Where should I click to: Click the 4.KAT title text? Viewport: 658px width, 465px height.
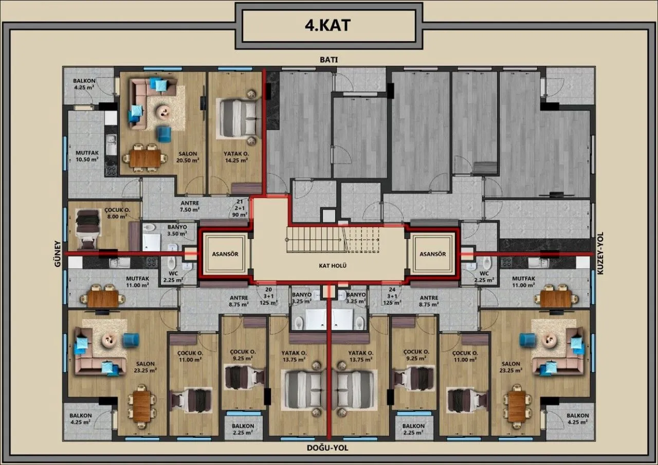tap(328, 26)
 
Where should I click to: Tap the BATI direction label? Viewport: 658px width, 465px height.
tap(328, 60)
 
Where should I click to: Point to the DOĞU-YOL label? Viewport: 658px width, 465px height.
tap(327, 448)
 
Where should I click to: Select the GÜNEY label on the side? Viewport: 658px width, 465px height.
tap(58, 254)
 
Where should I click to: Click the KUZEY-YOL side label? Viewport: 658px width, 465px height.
tap(600, 254)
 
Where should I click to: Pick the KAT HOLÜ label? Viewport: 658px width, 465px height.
tap(333, 266)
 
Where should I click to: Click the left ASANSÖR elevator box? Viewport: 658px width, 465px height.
tap(225, 254)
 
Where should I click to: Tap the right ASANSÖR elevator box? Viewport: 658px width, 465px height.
tap(432, 254)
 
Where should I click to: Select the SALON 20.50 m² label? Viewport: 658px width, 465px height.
tap(188, 157)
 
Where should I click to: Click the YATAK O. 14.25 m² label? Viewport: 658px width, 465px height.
tap(236, 157)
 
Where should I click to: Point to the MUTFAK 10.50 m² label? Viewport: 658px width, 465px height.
tap(87, 156)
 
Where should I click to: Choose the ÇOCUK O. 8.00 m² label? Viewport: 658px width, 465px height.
tap(117, 213)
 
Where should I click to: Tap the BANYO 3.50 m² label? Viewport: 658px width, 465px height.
tap(177, 230)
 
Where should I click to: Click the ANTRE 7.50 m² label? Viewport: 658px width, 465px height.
tap(190, 206)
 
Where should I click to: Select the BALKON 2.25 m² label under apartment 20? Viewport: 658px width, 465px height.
tap(243, 429)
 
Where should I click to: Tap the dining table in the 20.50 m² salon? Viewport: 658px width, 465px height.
tap(145, 158)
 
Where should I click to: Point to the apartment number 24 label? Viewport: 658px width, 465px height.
tap(392, 290)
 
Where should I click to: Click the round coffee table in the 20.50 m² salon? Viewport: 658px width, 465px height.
tap(164, 112)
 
